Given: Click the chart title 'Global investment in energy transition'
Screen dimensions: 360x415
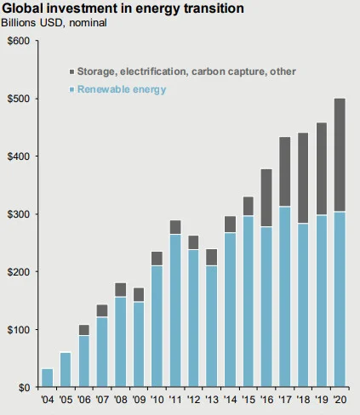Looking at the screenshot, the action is (123, 9).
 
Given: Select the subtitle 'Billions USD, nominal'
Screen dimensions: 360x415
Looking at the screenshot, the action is (54, 23).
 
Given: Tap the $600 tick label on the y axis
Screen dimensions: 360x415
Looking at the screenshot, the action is (19, 41).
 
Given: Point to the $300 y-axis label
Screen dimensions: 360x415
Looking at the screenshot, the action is (19, 214).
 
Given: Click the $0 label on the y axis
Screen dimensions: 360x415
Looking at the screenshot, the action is (24, 388).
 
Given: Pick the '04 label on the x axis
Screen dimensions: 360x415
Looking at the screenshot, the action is (47, 400).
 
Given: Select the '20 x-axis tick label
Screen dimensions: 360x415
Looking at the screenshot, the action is (340, 400).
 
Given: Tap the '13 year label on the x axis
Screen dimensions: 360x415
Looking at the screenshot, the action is (212, 400).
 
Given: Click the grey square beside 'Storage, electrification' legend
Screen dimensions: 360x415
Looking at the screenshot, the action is (72, 71).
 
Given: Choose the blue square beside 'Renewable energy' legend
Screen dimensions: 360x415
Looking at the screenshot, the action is (72, 90).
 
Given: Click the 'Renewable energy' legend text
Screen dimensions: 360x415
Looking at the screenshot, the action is (122, 89).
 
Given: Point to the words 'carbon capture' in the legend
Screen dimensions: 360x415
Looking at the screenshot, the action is (229, 71).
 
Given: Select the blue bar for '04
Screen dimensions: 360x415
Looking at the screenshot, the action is (47, 378).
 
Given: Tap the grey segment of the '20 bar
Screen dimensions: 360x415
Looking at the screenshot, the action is (340, 155).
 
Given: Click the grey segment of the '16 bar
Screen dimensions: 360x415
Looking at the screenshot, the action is (266, 198).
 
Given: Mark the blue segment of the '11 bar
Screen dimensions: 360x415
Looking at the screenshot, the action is (175, 310).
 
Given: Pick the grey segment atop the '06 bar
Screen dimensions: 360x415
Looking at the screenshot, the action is (84, 330).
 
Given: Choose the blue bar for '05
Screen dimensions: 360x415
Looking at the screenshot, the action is (66, 370).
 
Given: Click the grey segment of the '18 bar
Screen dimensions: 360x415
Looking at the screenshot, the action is (303, 178).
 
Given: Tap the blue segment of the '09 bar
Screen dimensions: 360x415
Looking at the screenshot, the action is (139, 344).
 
